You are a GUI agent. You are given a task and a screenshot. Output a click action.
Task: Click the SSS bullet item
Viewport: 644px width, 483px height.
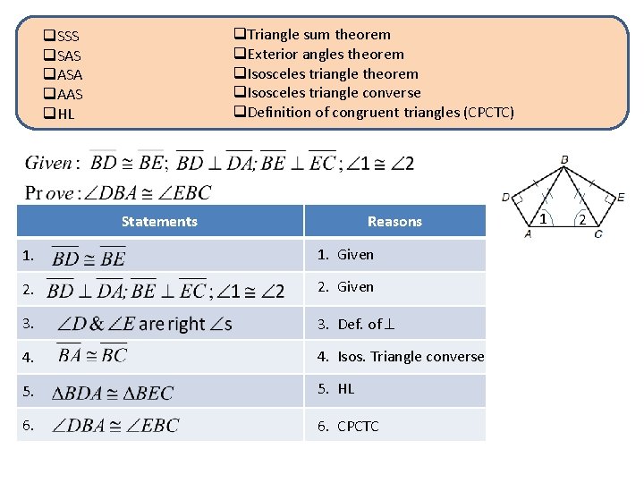click(63, 37)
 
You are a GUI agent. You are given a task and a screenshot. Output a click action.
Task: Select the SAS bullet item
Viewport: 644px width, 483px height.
click(63, 56)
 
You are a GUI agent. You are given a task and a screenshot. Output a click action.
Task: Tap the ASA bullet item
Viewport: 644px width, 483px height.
click(64, 75)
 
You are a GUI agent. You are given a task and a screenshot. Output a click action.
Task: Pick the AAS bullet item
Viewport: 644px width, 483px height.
click(64, 95)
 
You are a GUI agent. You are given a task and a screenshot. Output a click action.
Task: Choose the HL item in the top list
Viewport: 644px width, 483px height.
click(60, 114)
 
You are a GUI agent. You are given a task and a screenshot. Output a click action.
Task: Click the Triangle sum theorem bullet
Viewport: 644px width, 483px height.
click(312, 35)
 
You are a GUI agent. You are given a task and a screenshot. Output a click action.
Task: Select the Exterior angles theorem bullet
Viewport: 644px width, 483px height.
click(319, 55)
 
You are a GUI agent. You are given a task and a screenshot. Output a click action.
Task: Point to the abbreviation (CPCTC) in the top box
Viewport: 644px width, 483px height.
click(488, 113)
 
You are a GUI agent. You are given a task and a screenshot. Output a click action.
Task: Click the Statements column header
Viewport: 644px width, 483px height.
click(159, 222)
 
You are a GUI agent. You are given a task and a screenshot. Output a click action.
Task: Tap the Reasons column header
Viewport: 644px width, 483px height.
click(394, 222)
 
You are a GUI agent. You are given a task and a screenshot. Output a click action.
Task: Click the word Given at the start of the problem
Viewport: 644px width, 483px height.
click(48, 163)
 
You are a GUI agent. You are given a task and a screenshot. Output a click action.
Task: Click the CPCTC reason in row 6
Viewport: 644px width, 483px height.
click(358, 427)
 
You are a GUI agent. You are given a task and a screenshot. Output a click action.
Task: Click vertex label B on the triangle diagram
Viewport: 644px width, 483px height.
click(563, 159)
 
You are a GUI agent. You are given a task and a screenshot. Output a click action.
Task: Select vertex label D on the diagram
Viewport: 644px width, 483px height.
click(506, 197)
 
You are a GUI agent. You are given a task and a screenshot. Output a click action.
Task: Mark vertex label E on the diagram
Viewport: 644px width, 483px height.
click(620, 197)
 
